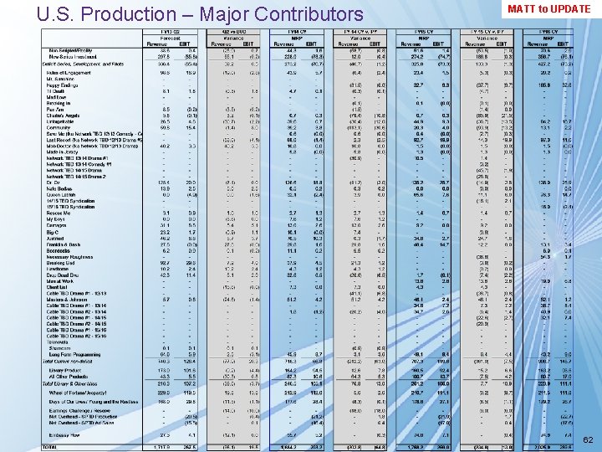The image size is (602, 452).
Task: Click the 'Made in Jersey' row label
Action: pyautogui.click(x=64, y=152)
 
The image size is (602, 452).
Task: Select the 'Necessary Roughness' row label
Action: pyautogui.click(x=72, y=256)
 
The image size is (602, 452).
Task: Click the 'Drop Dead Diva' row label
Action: pyautogui.click(x=64, y=274)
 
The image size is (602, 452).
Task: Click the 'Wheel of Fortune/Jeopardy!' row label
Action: pyautogui.click(x=79, y=392)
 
